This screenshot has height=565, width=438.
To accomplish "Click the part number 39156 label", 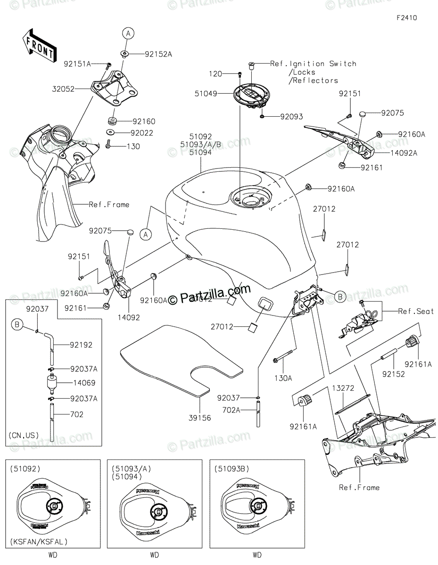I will tap(200, 418).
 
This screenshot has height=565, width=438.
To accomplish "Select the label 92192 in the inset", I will tap(82, 345).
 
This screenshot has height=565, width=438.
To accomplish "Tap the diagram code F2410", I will tap(406, 18).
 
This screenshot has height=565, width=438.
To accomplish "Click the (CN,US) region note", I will tap(25, 435).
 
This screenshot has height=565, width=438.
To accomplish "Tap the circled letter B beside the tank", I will tap(339, 296).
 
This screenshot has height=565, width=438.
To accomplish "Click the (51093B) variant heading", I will tap(231, 469).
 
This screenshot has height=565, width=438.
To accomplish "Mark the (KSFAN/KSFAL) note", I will tap(38, 542).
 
